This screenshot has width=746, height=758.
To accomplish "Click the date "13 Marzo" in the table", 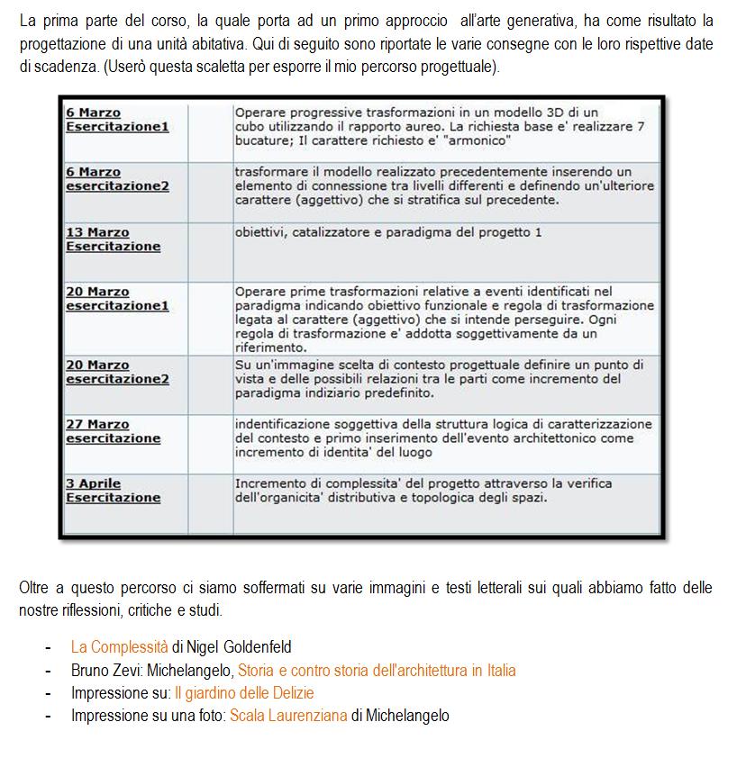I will pyautogui.click(x=97, y=232).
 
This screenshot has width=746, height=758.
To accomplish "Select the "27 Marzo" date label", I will pyautogui.click(x=97, y=424).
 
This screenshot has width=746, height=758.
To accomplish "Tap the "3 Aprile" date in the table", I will pyautogui.click(x=94, y=483).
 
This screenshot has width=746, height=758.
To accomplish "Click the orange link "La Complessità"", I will pyautogui.click(x=119, y=646).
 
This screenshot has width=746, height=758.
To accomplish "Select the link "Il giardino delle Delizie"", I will pyautogui.click(x=244, y=693).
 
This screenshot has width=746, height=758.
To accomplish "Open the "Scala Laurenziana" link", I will pyautogui.click(x=288, y=716).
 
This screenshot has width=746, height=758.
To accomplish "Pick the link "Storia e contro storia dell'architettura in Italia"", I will pyautogui.click(x=377, y=670).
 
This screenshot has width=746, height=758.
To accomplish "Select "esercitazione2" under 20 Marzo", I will pyautogui.click(x=117, y=379).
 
